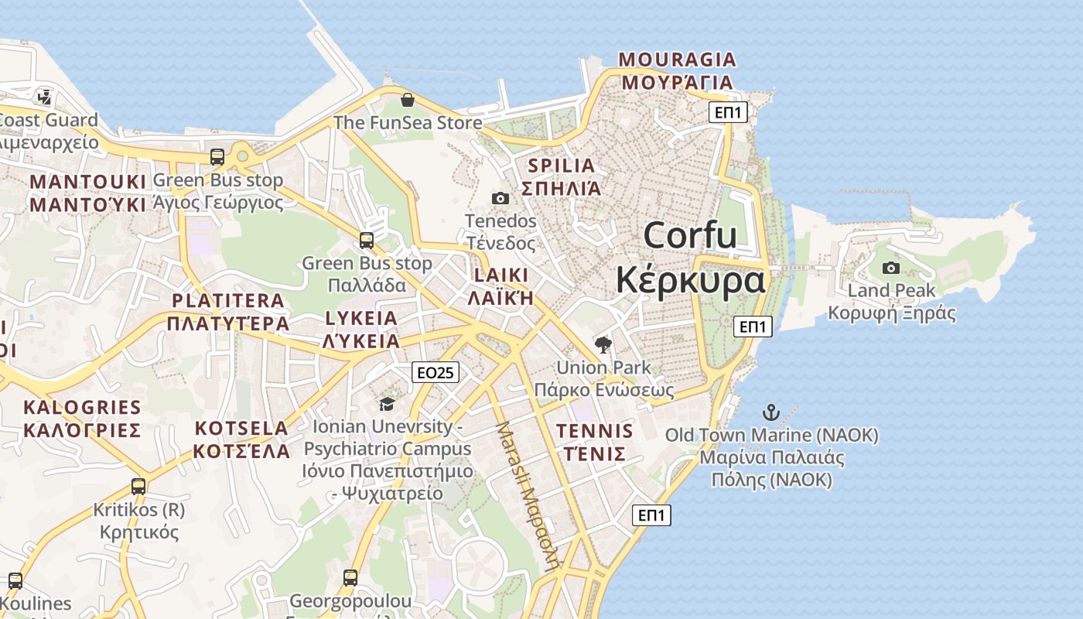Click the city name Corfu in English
point(689,234)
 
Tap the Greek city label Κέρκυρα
point(690,280)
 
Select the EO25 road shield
point(435,372)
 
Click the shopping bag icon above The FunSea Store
point(408,100)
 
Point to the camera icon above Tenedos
point(501,198)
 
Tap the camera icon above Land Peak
point(891,268)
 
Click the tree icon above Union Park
point(603,344)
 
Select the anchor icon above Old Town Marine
point(770,412)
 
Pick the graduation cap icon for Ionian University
point(387,404)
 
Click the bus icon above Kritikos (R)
point(138,487)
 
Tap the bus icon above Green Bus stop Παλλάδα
point(367,240)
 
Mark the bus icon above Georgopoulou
point(350,577)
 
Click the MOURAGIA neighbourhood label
point(678,60)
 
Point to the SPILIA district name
point(562,166)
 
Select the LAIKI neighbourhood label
point(502,275)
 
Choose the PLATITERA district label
point(228,301)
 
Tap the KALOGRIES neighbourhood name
point(82,408)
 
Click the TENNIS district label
point(594,431)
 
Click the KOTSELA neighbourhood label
point(241,429)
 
